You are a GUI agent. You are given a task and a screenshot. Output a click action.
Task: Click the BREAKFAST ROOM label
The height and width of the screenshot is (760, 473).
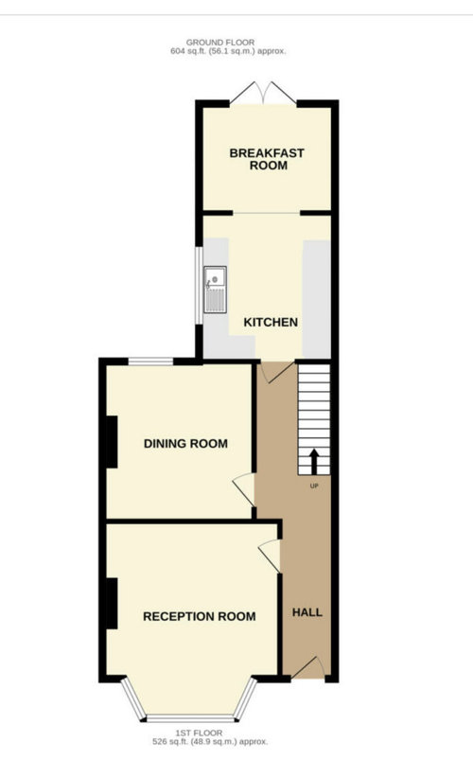(267, 159)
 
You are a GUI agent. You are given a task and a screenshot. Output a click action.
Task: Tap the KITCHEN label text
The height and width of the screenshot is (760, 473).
(271, 323)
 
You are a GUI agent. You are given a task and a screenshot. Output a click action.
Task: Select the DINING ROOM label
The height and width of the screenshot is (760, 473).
(185, 444)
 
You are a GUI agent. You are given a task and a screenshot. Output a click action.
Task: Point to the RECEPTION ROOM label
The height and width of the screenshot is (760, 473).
(200, 616)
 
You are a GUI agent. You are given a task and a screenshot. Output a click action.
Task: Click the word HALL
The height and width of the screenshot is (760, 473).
(307, 612)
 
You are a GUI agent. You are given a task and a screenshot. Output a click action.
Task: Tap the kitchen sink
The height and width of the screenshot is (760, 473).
(215, 290)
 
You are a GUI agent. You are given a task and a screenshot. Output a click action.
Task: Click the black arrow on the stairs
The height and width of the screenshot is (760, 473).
(314, 462)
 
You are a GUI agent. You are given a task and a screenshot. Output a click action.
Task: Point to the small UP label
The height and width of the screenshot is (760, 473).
(314, 486)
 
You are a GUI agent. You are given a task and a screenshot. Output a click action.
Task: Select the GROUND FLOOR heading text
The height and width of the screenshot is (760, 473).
(220, 43)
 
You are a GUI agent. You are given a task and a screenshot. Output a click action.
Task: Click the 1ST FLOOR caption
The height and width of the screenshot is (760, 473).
(200, 733)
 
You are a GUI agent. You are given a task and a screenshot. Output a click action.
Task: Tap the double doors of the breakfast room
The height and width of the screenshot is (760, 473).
(263, 93)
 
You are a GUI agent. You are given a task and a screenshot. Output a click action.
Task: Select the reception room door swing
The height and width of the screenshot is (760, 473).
(271, 556)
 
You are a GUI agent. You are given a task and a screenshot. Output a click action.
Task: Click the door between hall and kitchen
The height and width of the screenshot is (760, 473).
(276, 371)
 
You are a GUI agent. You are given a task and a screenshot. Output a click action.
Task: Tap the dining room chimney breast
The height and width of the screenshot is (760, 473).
(112, 442)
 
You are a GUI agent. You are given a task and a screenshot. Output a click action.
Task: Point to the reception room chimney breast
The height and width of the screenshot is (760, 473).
(112, 604)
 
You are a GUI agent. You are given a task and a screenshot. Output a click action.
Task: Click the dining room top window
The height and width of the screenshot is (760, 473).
(150, 362)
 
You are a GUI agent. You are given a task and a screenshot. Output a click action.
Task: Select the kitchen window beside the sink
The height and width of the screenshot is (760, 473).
(199, 286)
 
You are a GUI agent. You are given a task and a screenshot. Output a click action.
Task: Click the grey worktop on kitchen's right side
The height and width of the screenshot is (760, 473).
(317, 299)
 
